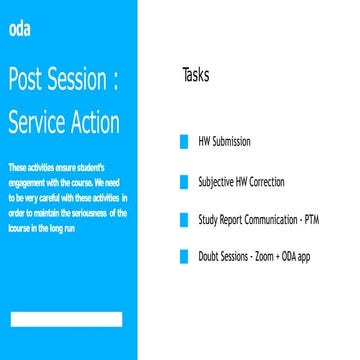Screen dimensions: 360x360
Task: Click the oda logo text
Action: [x=18, y=28]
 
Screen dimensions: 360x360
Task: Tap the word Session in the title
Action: [x=90, y=81]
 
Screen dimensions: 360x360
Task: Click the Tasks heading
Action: [x=196, y=75]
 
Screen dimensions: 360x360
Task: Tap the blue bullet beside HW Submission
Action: [x=183, y=142]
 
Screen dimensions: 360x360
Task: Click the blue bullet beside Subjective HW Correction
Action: [x=183, y=181]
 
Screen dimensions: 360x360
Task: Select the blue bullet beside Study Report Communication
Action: [x=183, y=219]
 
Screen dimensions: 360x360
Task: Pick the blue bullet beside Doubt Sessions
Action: [x=183, y=257]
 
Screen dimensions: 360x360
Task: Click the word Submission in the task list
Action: [x=231, y=142]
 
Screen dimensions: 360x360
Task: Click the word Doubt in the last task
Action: [x=210, y=257]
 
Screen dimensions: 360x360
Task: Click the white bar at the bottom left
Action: [x=66, y=319]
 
